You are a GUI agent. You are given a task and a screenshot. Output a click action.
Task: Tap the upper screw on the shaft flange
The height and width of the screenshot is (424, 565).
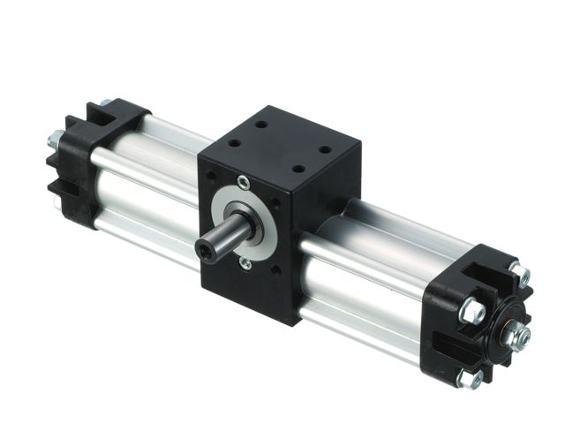coord(245,184)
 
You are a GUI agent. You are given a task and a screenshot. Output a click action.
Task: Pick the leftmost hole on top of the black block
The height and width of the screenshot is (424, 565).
coord(237,140)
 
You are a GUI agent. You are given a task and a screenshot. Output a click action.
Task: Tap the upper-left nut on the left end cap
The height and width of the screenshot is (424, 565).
coord(56,139)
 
